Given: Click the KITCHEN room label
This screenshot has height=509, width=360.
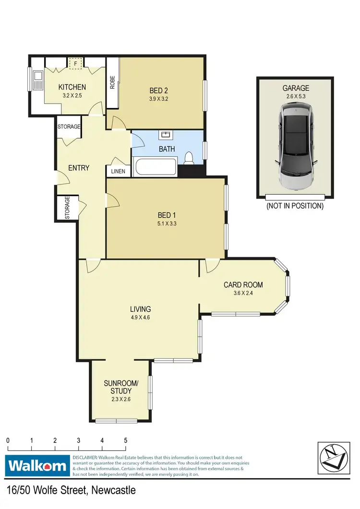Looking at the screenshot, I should (x=72, y=87).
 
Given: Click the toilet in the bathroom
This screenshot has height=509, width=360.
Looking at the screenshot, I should (x=190, y=158).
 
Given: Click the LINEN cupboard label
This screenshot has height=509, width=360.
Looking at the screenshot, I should (x=118, y=171).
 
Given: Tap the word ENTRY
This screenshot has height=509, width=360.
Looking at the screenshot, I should (x=79, y=167).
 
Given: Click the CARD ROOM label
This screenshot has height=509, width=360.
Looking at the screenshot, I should (x=243, y=284).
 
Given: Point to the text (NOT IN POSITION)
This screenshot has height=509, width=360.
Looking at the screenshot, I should (x=295, y=206).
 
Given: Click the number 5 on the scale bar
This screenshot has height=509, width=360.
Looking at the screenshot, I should (x=126, y=440).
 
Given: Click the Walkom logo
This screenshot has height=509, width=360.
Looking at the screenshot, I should (x=37, y=465).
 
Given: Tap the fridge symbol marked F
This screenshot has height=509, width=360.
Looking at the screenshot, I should (x=75, y=63).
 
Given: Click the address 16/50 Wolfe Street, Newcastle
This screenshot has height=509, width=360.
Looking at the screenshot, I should (x=72, y=491).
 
